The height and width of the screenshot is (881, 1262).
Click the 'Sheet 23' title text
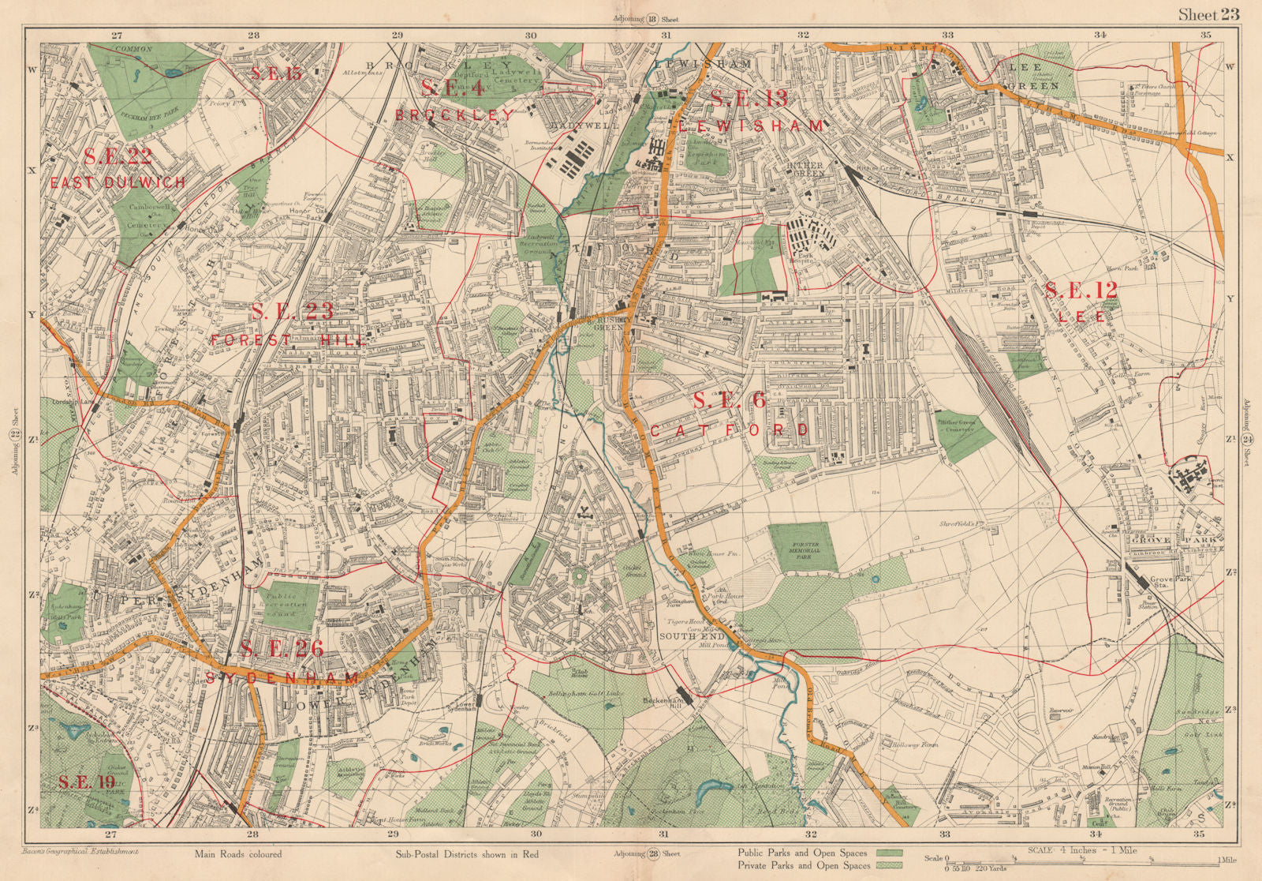tap(1208, 13)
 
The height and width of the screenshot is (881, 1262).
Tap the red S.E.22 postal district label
tap(117, 156)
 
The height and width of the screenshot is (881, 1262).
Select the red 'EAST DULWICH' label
tap(118, 182)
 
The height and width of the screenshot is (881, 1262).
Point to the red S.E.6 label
tap(729, 401)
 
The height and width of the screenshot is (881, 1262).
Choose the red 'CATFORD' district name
tap(729, 430)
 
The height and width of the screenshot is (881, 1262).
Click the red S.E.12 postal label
tap(1081, 291)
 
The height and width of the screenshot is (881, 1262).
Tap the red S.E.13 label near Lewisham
tap(749, 99)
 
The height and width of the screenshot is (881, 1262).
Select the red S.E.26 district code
tap(282, 649)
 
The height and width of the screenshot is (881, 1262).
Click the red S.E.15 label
tap(276, 74)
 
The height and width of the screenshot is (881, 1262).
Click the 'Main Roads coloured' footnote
tap(237, 854)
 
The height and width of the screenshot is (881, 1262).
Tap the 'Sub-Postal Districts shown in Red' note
tap(466, 854)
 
